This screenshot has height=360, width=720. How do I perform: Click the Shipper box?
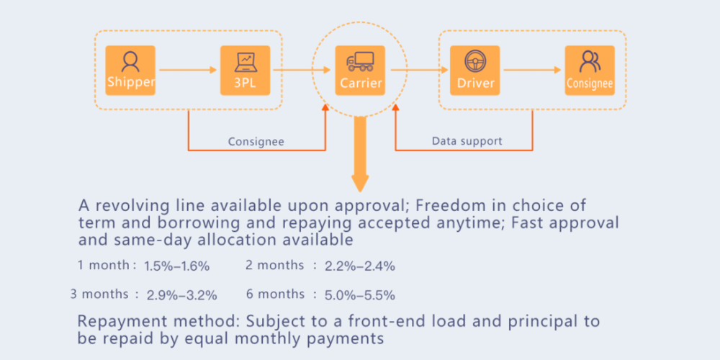pyautogui.click(x=130, y=70)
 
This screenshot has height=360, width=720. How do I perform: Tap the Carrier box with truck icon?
pyautogui.click(x=360, y=70)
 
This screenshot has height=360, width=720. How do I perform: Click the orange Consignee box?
pyautogui.click(x=590, y=70)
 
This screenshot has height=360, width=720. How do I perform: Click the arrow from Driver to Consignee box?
pyautogui.click(x=532, y=70)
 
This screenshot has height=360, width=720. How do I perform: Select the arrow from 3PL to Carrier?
pyautogui.click(x=301, y=70)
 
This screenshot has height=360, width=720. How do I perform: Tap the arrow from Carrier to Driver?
pyautogui.click(x=416, y=70)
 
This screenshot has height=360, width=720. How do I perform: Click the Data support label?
pyautogui.click(x=467, y=141)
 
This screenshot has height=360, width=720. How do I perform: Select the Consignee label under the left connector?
pyautogui.click(x=256, y=142)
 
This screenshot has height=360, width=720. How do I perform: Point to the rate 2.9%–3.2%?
pyautogui.click(x=181, y=295)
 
